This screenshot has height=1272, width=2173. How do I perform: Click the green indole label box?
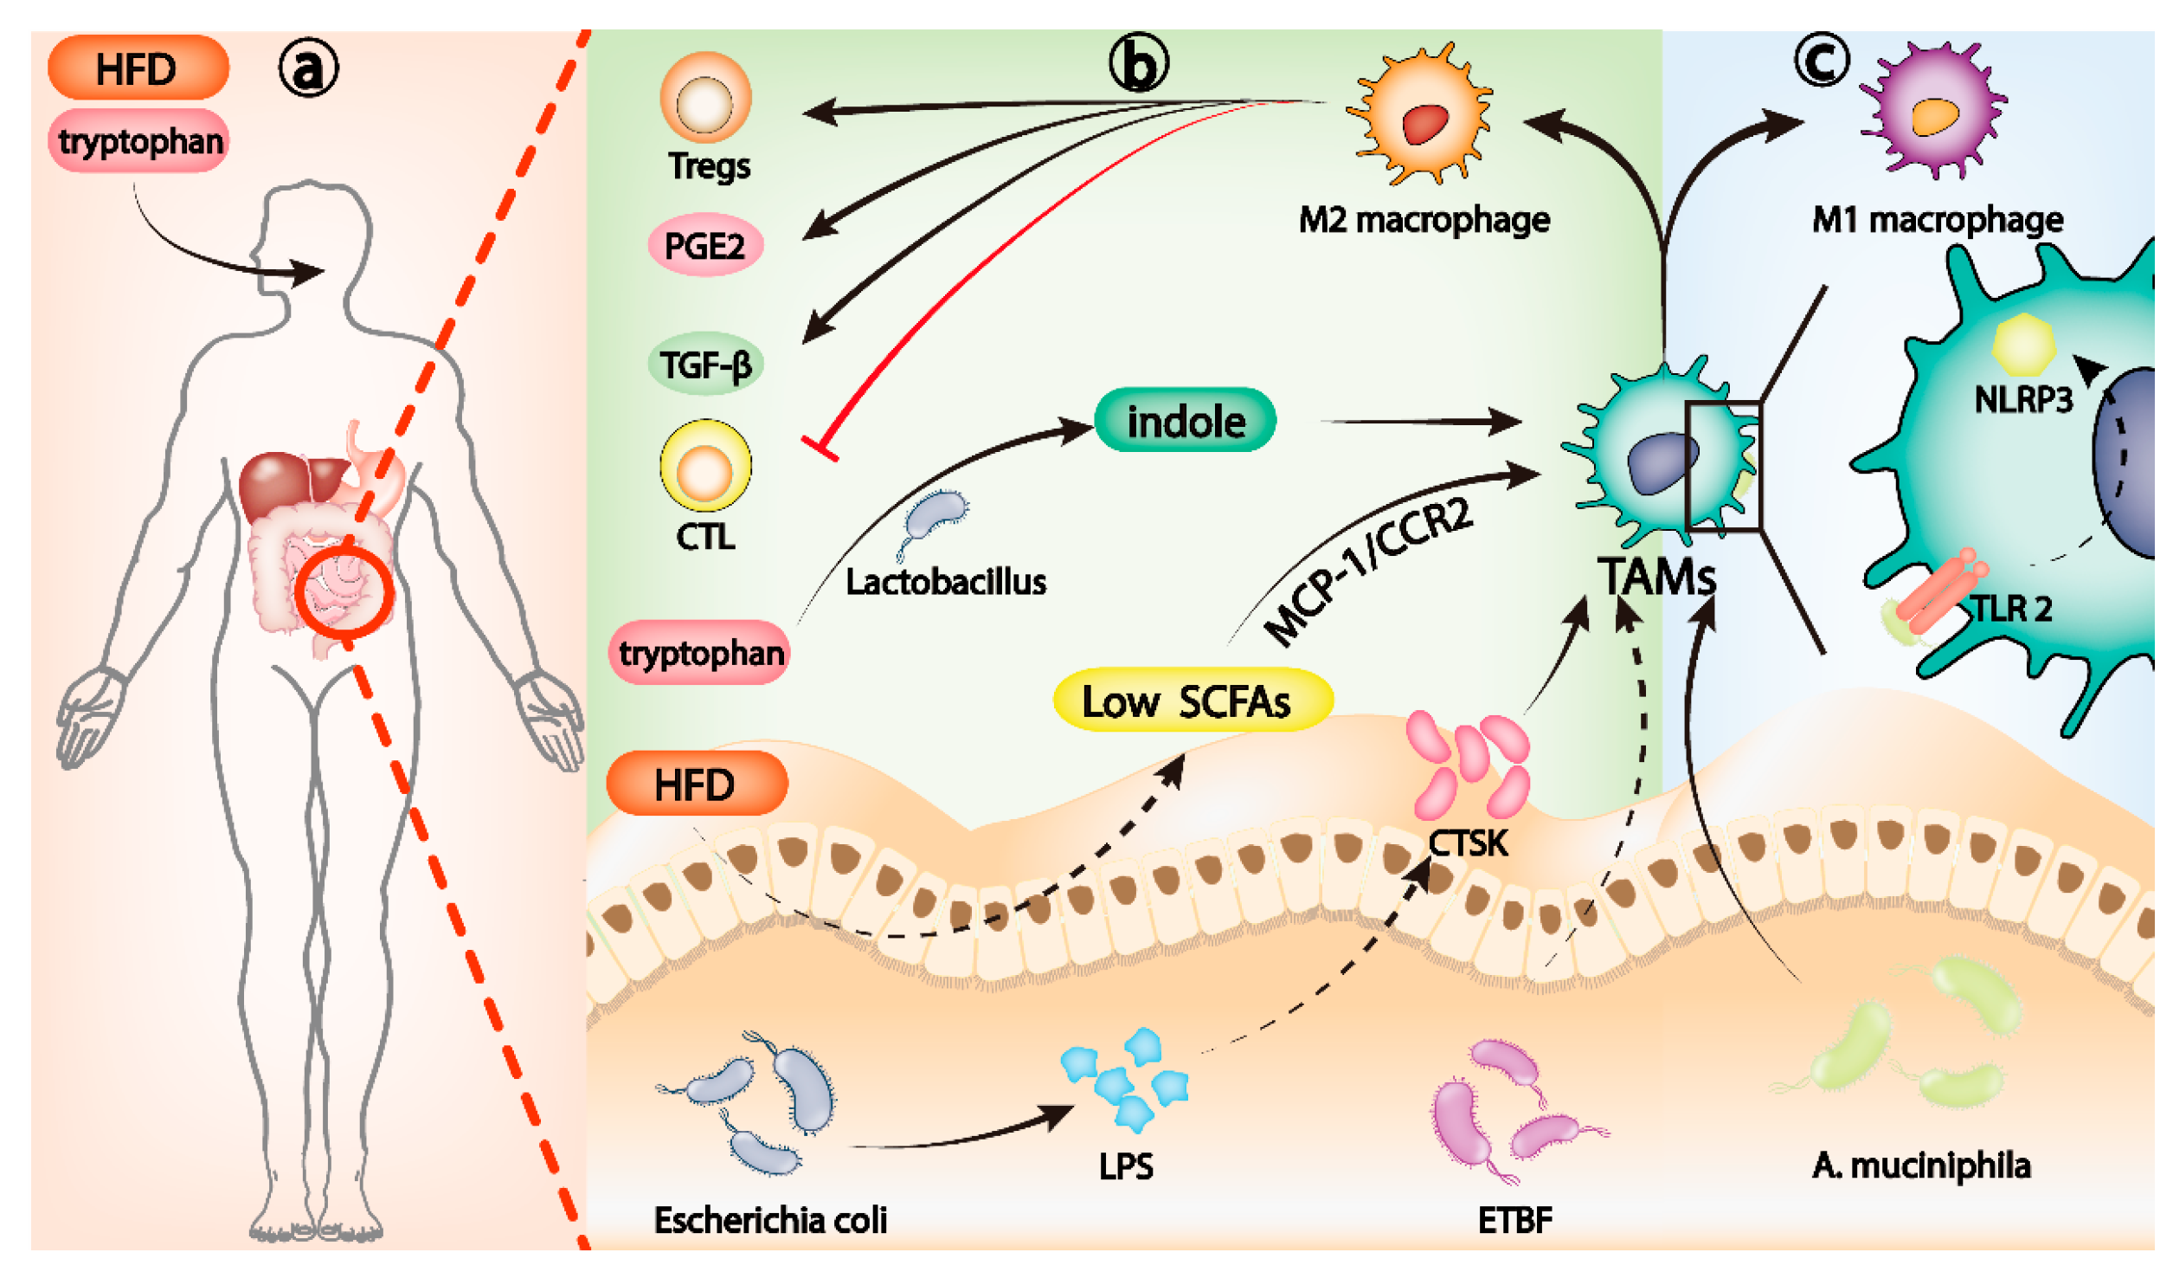coord(1185,420)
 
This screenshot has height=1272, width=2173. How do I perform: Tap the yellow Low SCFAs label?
coord(1192,700)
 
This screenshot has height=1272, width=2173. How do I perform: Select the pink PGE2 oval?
coord(705,245)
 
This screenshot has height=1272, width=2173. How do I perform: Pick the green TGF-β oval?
coord(705,364)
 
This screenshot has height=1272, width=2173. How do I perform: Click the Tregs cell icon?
coord(705,98)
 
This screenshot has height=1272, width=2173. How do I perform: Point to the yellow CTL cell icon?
coord(705,466)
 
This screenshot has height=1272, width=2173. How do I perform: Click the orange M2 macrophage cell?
coord(1418,113)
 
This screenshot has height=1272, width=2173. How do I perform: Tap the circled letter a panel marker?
coord(308,69)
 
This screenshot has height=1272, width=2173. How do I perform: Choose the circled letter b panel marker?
coord(1139,63)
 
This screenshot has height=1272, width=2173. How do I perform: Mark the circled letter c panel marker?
coord(1822,60)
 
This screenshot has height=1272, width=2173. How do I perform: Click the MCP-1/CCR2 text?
coord(1368,572)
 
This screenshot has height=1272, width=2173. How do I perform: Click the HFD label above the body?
coord(138,68)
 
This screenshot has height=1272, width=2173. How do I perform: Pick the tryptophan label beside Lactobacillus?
coord(700,653)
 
